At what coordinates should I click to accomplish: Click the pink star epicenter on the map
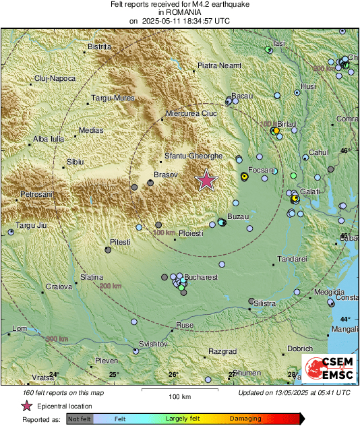(206, 180)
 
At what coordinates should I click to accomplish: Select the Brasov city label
(165, 175)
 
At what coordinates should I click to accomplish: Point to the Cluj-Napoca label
(55, 79)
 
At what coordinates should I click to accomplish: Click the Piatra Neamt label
(218, 65)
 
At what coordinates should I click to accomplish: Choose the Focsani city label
(262, 171)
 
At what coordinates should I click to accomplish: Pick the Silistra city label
(264, 304)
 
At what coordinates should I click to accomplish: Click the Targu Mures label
(113, 98)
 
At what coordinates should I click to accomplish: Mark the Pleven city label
(107, 361)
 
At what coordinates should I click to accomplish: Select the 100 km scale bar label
(179, 396)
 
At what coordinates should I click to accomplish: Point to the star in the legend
(27, 406)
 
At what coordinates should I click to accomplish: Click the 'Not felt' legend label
(80, 419)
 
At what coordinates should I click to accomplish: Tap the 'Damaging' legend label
(245, 419)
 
